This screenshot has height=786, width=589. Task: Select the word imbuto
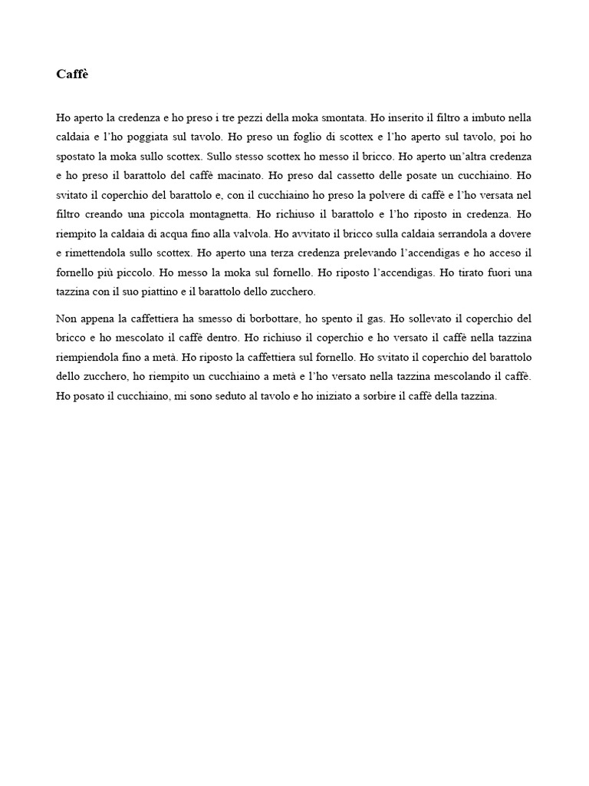tap(487, 118)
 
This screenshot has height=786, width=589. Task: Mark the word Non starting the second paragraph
tap(67, 318)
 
